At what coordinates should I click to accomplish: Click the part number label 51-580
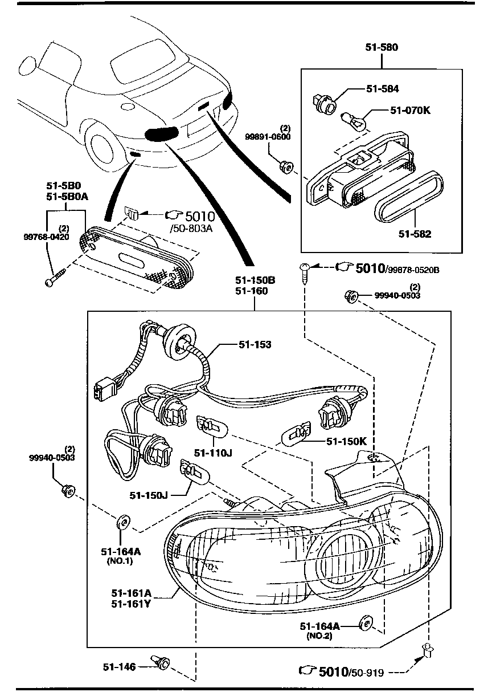[382, 48]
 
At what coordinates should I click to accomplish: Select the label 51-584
[382, 89]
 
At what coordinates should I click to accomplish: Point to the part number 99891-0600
[268, 137]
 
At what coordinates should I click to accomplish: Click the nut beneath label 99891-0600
[286, 167]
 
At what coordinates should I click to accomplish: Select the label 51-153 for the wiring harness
[255, 345]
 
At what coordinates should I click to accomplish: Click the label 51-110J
[214, 453]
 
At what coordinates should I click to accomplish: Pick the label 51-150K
[346, 441]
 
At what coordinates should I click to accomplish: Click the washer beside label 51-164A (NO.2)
[364, 624]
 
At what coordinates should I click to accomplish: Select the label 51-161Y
[131, 605]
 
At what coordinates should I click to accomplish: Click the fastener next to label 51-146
[162, 662]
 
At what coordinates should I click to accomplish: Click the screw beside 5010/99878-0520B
[306, 269]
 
